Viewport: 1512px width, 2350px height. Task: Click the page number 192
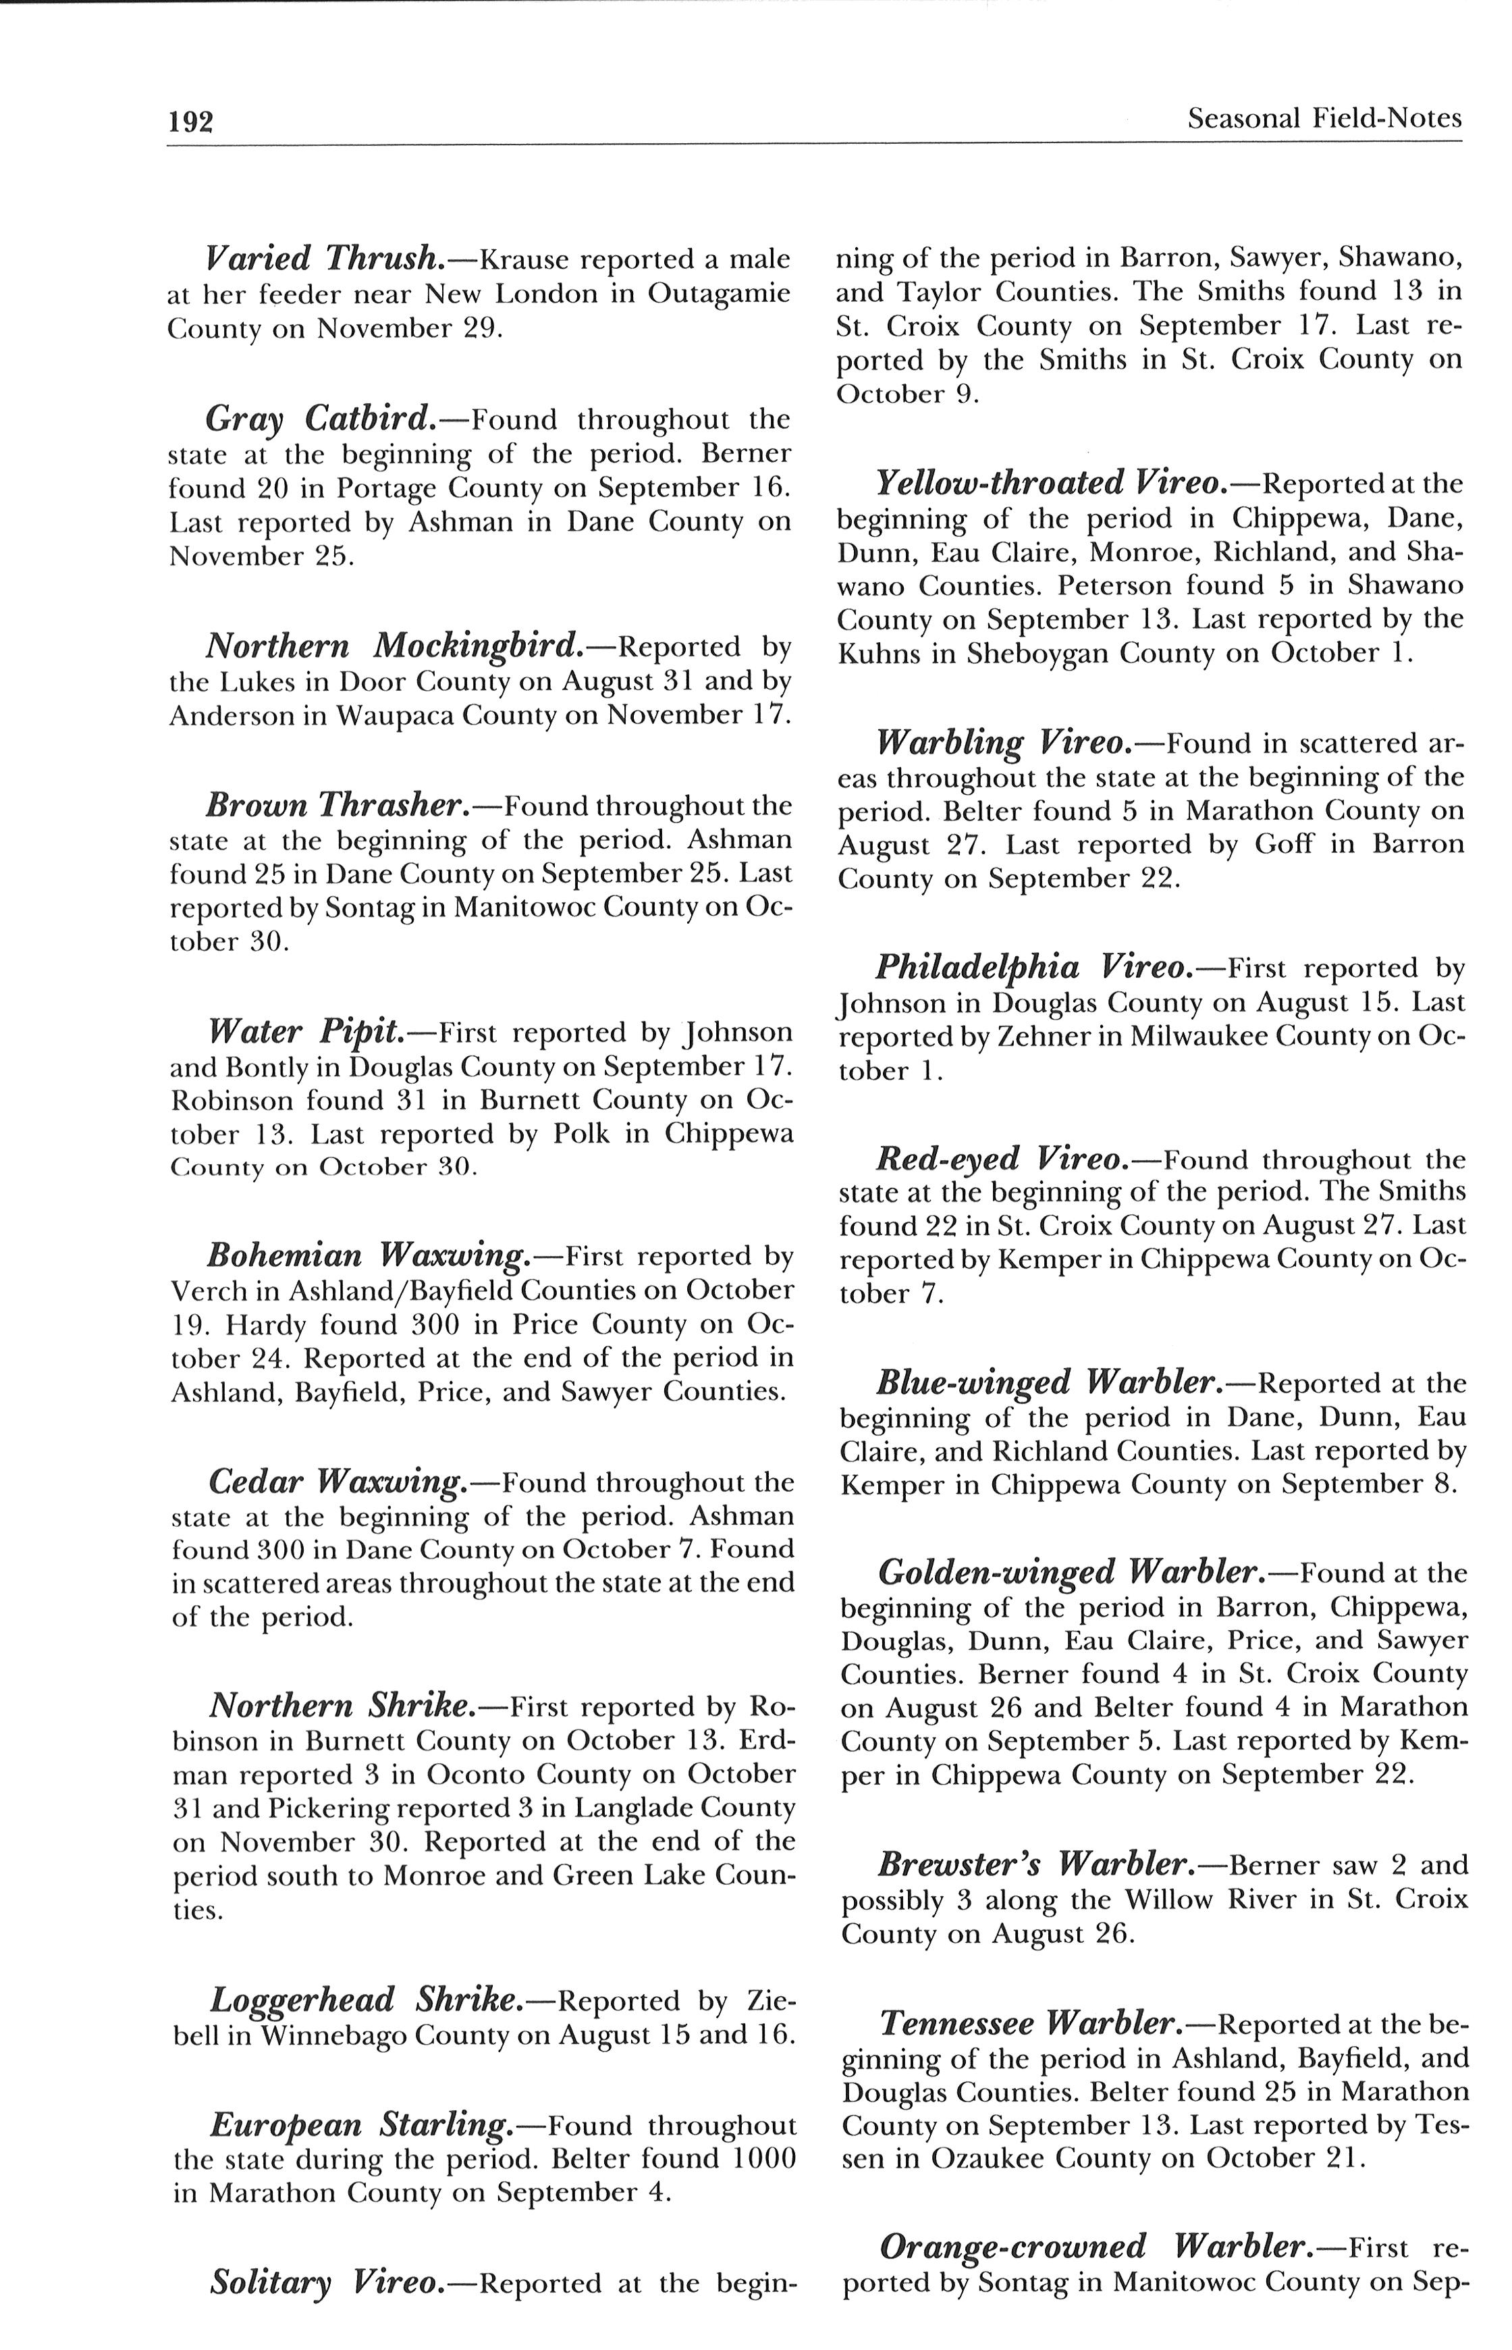coord(190,121)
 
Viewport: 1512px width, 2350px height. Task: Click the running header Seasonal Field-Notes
coord(1324,119)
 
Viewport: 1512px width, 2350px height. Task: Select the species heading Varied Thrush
coord(324,259)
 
